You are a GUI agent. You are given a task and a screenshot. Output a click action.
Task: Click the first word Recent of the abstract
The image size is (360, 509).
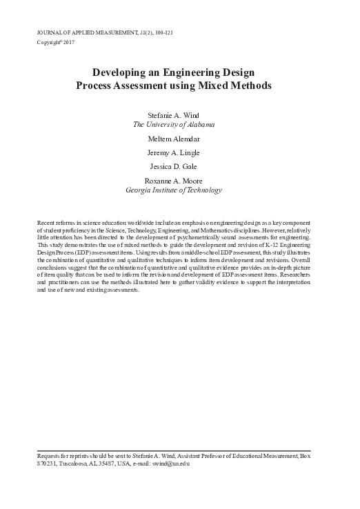(x=46, y=226)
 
